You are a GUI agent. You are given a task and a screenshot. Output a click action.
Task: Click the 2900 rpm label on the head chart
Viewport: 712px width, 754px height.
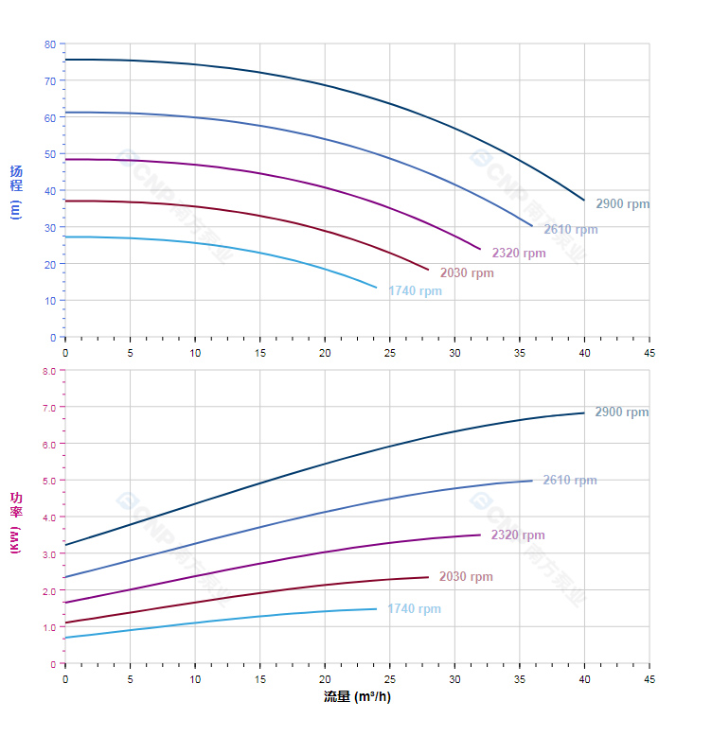[x=622, y=203]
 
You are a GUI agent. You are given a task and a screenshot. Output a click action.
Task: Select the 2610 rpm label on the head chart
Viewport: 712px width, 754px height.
[x=570, y=229]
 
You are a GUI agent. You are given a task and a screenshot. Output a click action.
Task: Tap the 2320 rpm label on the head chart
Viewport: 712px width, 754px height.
[x=518, y=253]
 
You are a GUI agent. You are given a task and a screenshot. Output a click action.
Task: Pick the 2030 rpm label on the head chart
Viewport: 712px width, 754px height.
[x=466, y=272]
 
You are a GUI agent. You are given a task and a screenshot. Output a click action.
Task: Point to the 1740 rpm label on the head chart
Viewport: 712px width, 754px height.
[x=414, y=290]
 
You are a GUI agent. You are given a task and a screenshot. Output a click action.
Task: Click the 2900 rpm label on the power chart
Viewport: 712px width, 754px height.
[x=621, y=412]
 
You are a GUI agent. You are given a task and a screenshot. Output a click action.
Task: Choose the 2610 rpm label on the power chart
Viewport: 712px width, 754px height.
[x=569, y=480]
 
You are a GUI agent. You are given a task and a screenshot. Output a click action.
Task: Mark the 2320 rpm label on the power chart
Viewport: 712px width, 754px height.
[x=517, y=535]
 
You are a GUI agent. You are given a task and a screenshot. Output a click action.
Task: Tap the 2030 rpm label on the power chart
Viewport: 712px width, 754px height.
[x=465, y=576]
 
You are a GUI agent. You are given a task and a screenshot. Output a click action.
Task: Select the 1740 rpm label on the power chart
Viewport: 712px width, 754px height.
[x=414, y=608]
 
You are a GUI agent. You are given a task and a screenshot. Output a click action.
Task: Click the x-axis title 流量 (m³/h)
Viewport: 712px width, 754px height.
[x=357, y=697]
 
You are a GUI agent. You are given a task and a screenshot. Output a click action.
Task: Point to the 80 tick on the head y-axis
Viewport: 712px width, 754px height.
[x=50, y=44]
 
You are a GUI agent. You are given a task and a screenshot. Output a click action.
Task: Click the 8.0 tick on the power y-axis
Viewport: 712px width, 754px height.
[x=49, y=371]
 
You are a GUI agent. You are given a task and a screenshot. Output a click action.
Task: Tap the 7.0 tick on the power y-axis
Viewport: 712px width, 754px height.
[x=49, y=408]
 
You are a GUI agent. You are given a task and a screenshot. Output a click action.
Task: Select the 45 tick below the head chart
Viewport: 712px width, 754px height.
[x=650, y=352]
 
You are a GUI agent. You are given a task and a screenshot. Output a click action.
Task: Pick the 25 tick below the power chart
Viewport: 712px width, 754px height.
[x=390, y=678]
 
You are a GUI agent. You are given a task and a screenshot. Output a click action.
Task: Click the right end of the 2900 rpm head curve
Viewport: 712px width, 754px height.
[x=584, y=200]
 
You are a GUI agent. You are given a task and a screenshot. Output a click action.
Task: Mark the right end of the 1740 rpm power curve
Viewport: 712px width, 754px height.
[x=376, y=608]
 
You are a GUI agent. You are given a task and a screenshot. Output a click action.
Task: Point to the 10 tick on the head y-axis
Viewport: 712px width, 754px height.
[x=51, y=301]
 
